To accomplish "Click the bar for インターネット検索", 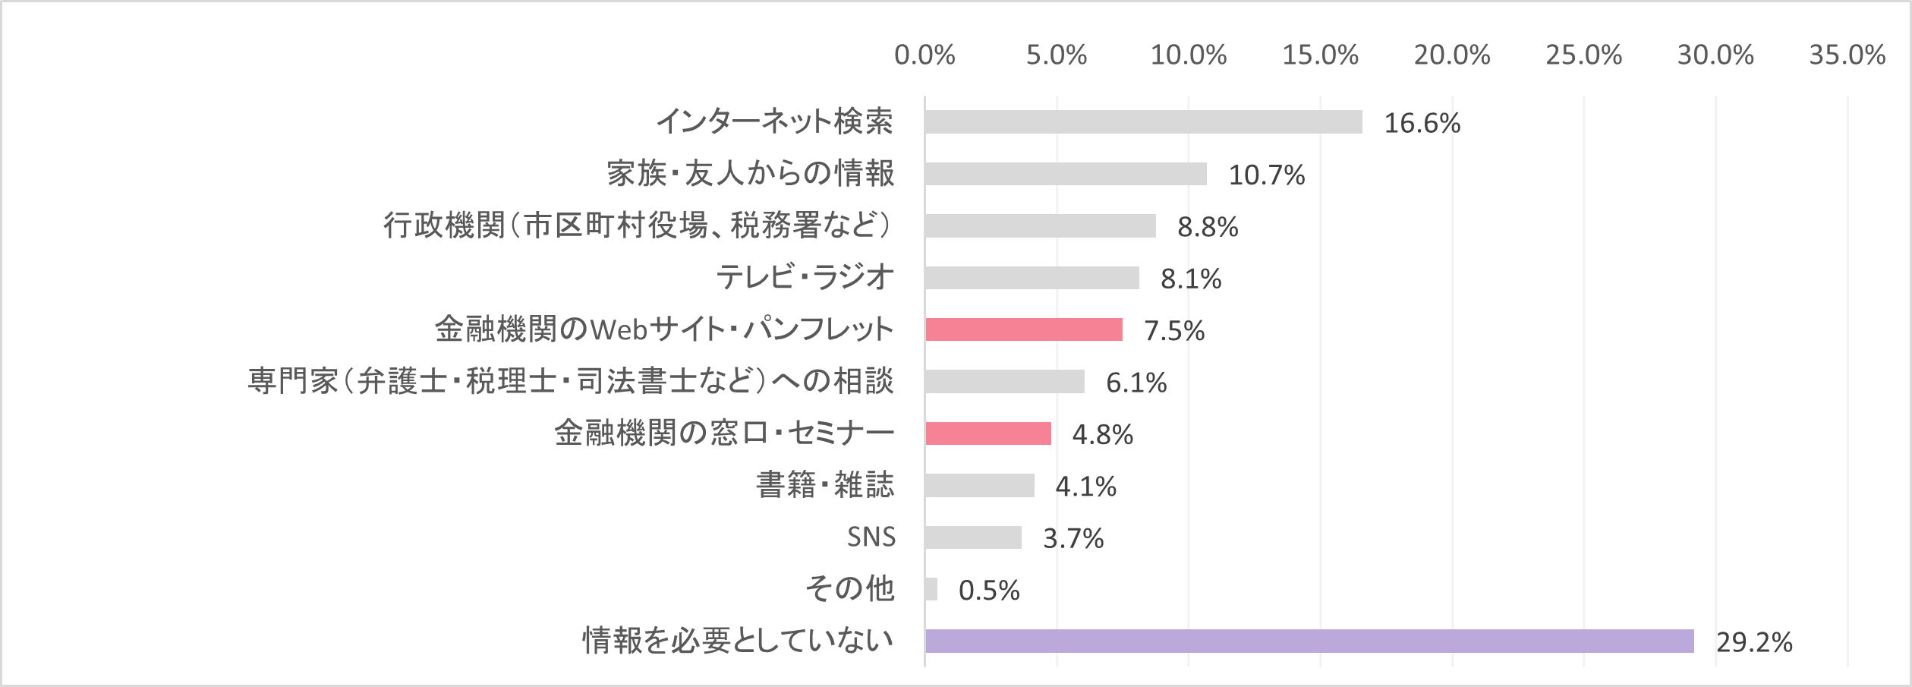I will [1143, 122].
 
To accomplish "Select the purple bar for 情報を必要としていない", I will [1309, 641].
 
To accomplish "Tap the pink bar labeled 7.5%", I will [1023, 329].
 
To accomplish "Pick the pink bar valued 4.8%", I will [987, 433].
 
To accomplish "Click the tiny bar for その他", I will [931, 589].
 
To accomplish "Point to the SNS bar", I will [973, 537].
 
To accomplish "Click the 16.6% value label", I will [1422, 124].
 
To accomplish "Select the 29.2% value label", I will [1754, 643].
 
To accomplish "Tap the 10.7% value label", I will [1266, 175].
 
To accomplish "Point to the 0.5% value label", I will [988, 591].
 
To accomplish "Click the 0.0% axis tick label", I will [924, 55].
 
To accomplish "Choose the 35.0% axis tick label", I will [1847, 55].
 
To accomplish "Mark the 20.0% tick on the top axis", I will [1451, 55].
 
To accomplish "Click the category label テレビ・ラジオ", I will [805, 277].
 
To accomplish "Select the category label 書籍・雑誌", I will [824, 485].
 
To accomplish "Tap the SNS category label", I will [871, 537].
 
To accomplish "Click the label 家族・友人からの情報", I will [750, 174].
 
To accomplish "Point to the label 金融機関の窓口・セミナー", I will [723, 433].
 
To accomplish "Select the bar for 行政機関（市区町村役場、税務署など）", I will [1040, 226].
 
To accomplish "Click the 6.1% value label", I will [1136, 383].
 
